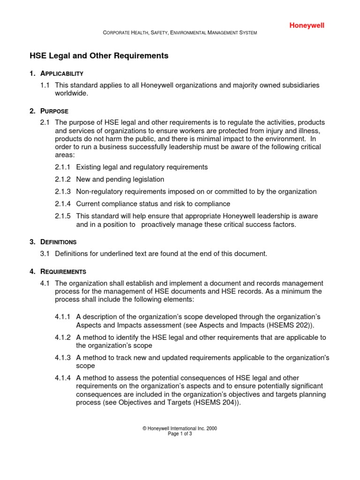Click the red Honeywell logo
(x=306, y=26)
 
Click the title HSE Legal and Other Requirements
(x=99, y=56)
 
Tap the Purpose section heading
(x=54, y=111)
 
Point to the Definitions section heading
(x=59, y=242)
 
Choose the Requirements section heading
(x=63, y=271)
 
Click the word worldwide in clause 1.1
(x=71, y=93)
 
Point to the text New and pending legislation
(x=120, y=179)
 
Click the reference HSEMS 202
(x=285, y=325)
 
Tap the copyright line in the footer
(x=180, y=428)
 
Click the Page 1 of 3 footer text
(x=180, y=434)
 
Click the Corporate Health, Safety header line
(x=180, y=32)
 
